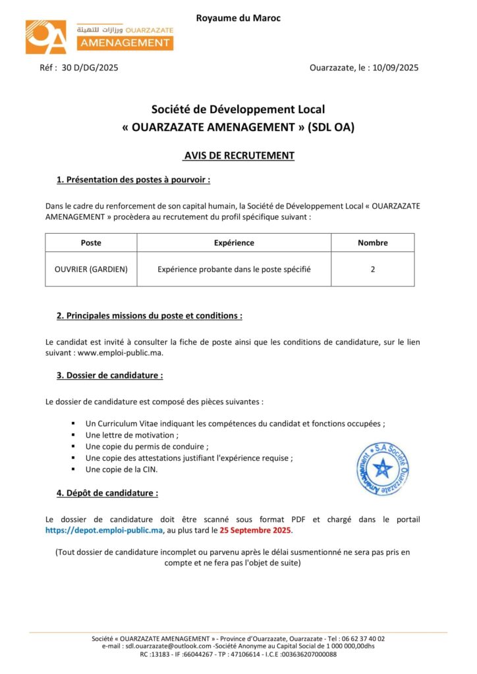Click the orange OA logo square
(47, 37)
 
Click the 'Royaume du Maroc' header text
(238, 18)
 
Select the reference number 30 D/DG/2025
(90, 67)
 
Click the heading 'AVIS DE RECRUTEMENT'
(238, 156)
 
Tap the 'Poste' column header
(91, 243)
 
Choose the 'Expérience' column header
(234, 243)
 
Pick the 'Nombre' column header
(372, 243)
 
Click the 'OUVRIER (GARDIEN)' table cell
(91, 269)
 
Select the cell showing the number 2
(372, 269)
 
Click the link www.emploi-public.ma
(120, 352)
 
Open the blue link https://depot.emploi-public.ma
(104, 530)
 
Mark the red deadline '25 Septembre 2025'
(255, 530)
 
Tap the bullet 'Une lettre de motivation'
(132, 435)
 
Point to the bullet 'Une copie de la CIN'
(122, 469)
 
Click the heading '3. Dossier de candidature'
(109, 376)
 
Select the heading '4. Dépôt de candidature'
(107, 492)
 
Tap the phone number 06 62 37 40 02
(363, 638)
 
